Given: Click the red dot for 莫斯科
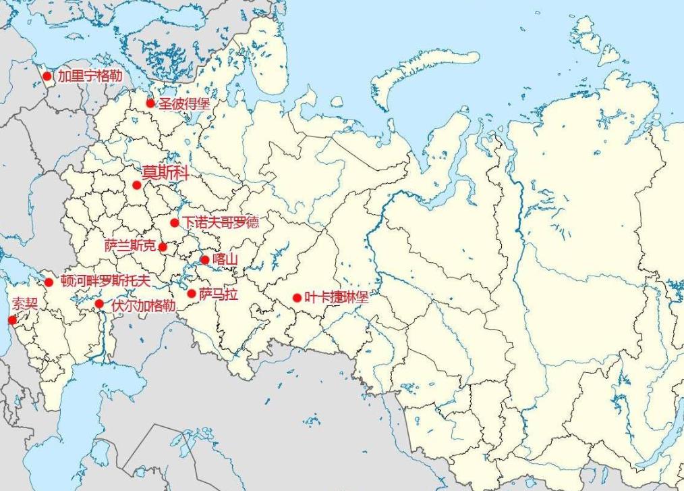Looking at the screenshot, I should click(136, 185).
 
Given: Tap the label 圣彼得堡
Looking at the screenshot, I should click(184, 104).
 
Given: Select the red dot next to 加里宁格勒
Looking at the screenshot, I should click(47, 76).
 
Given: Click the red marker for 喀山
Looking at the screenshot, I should click(205, 259).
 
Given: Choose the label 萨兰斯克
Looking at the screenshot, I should click(130, 246).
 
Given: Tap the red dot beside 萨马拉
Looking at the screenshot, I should click(192, 294).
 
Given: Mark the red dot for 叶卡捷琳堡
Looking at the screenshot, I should click(297, 297).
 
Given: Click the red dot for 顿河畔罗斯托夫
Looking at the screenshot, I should click(49, 282).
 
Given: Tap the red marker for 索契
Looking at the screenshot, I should click(11, 319).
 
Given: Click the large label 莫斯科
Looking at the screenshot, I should click(165, 172).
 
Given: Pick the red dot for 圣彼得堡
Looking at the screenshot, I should click(150, 103).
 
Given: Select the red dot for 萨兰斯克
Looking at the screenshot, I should click(163, 247).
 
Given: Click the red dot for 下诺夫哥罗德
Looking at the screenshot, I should click(174, 223).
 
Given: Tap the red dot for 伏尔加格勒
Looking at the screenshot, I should click(99, 305).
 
